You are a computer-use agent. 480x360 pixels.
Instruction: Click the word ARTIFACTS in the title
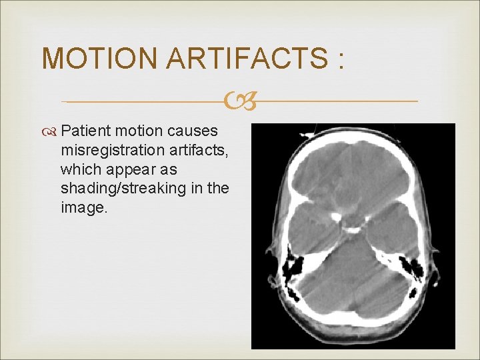point(247,59)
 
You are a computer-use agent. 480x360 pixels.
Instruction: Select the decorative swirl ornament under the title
point(240,102)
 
